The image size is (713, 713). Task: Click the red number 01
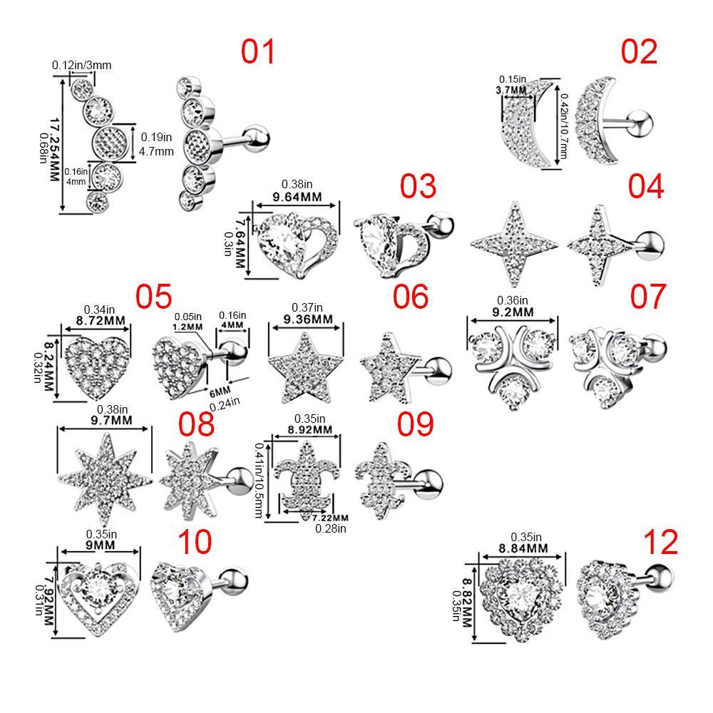point(257,52)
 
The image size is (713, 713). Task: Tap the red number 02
point(639,52)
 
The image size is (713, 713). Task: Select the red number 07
point(647,297)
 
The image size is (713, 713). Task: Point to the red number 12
point(660,542)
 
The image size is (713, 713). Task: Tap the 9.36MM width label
point(302,319)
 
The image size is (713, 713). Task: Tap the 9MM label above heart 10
point(100,545)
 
